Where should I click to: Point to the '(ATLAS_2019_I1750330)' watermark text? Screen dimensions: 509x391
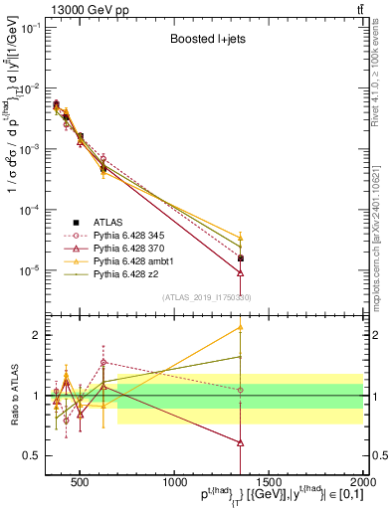click(x=206, y=296)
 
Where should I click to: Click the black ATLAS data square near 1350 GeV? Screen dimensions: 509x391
click(x=240, y=231)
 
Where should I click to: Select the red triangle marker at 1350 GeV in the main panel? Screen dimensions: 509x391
click(x=240, y=272)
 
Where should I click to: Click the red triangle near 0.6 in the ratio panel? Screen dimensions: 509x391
click(x=240, y=442)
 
